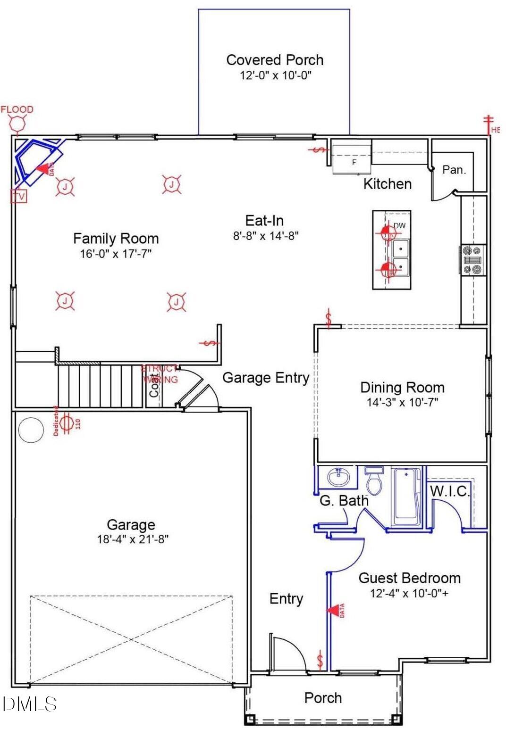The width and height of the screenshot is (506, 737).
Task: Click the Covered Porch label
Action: click(x=275, y=60)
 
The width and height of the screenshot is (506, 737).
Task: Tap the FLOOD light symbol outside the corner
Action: click(x=17, y=124)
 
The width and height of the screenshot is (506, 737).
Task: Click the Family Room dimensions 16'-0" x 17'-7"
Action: click(x=116, y=254)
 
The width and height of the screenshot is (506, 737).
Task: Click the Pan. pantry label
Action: click(x=454, y=170)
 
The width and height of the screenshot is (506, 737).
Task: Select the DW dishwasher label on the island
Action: click(x=400, y=226)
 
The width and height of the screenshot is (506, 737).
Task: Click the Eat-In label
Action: click(x=264, y=220)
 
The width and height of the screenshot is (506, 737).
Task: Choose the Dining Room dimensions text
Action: click(x=402, y=402)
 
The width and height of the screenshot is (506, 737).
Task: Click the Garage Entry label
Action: click(x=265, y=378)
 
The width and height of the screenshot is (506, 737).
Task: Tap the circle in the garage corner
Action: click(x=31, y=430)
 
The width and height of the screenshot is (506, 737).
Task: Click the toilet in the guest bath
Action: click(x=374, y=481)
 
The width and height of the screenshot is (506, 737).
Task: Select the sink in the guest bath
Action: click(x=338, y=477)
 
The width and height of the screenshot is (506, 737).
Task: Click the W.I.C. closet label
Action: click(x=449, y=491)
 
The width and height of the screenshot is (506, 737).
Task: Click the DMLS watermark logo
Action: click(x=29, y=704)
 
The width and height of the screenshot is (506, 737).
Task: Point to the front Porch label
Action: click(x=323, y=698)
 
